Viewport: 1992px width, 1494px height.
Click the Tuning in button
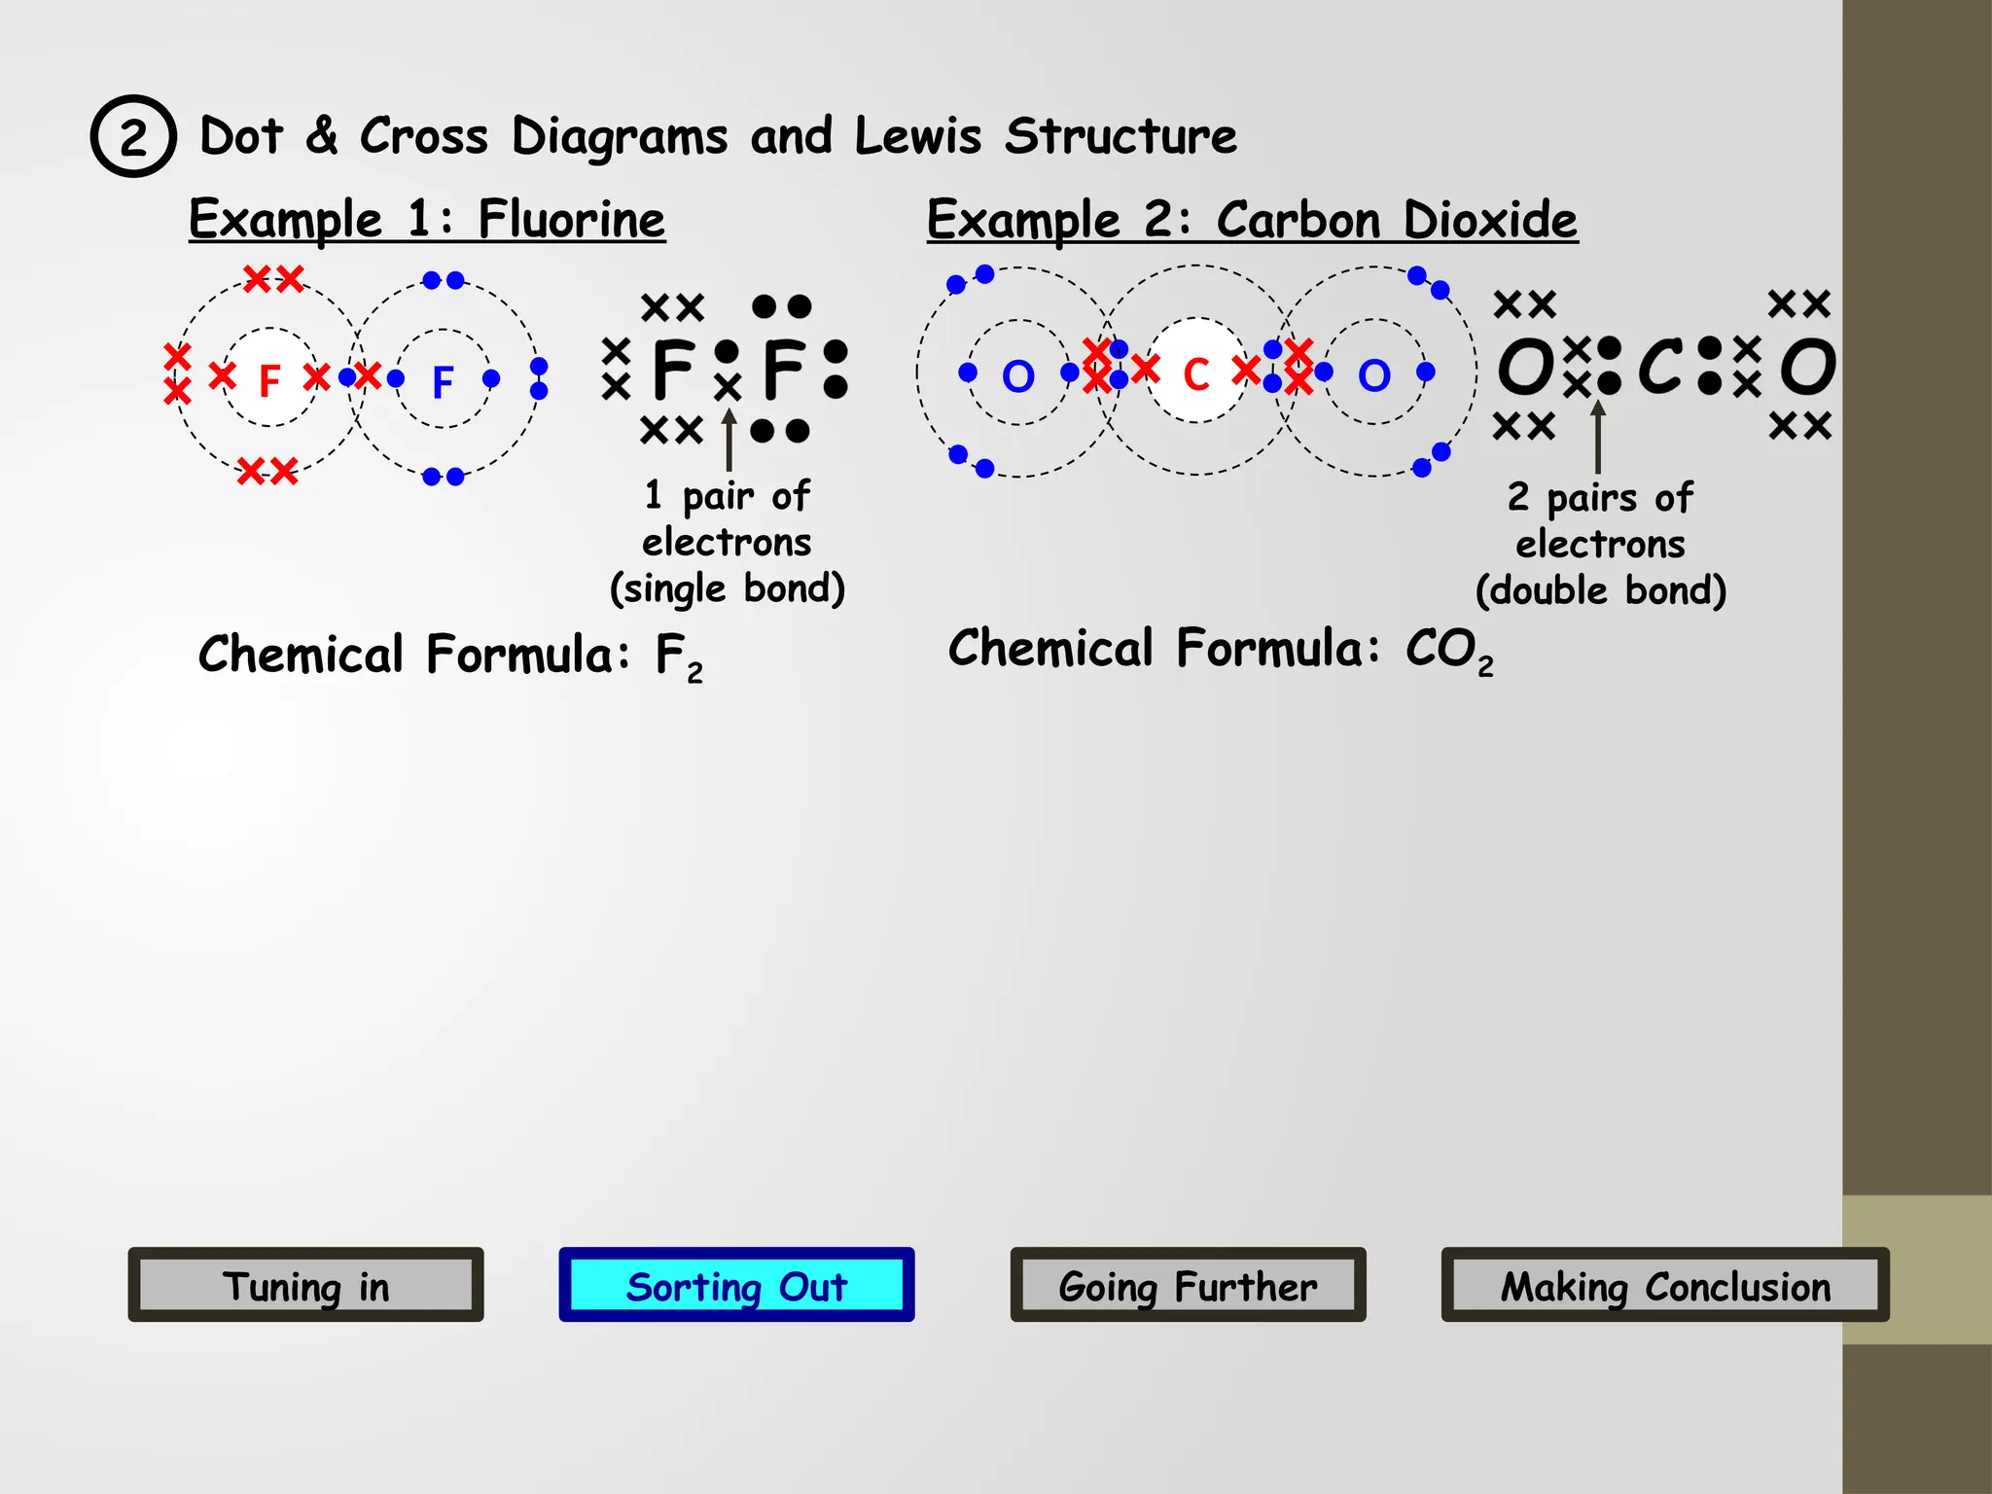[305, 1285]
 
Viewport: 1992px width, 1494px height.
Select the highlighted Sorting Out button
[736, 1285]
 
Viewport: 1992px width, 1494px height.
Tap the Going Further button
[1188, 1285]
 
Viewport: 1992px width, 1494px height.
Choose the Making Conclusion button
[1664, 1285]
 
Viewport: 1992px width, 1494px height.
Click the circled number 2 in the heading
[133, 136]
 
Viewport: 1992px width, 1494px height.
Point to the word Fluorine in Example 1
[572, 220]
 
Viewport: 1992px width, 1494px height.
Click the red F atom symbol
[269, 380]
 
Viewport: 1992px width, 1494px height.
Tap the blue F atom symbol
[443, 381]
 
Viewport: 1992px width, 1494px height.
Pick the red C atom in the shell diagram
[1196, 374]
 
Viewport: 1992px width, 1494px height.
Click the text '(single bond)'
[728, 589]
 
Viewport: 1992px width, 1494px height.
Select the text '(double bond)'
[1601, 591]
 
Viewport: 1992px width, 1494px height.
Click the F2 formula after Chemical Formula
[678, 658]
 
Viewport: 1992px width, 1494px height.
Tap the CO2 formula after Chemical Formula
[1448, 651]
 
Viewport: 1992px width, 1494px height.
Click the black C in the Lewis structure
[1660, 367]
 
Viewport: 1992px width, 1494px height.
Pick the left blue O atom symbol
[1018, 376]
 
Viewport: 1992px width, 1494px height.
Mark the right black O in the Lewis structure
[1808, 367]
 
